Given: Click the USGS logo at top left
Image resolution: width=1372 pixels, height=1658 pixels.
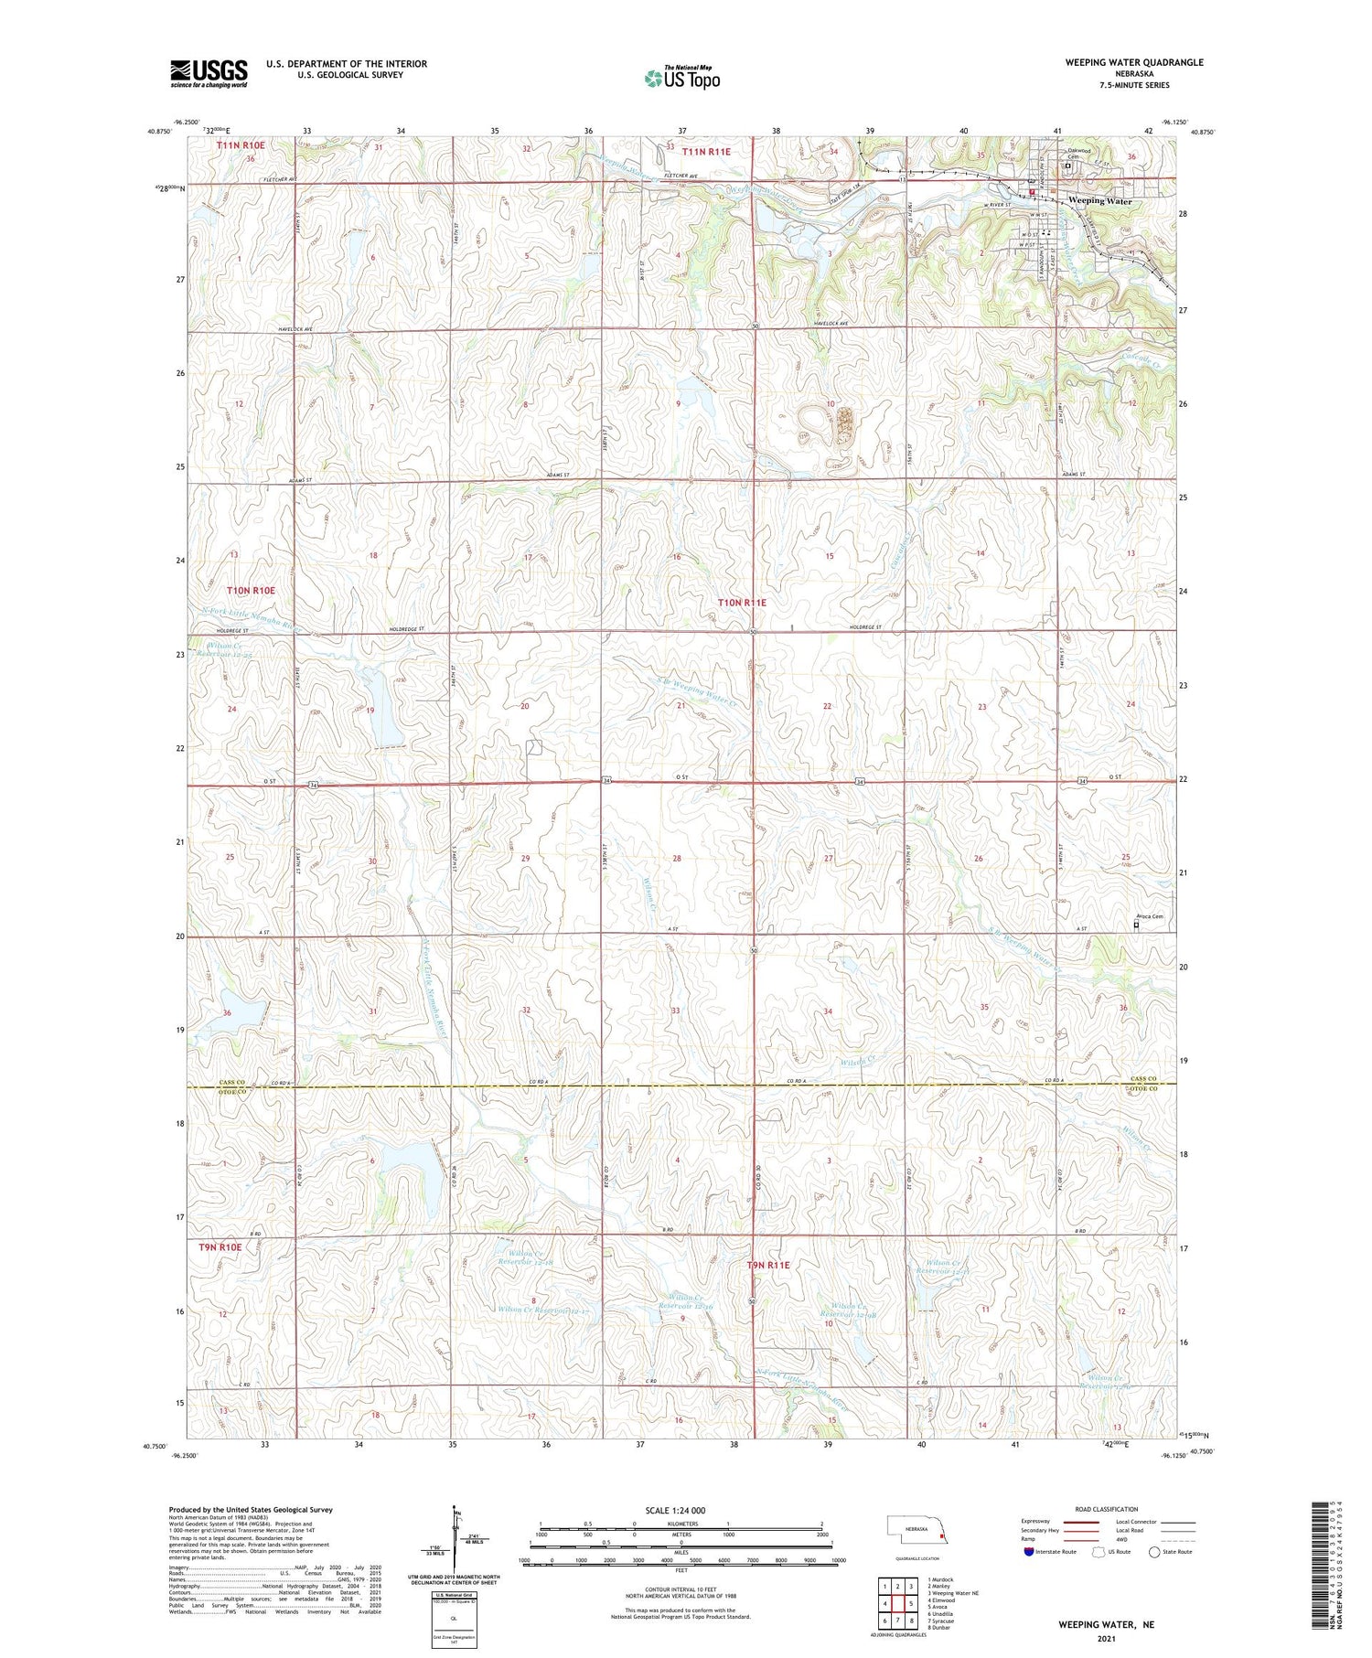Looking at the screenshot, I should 209,73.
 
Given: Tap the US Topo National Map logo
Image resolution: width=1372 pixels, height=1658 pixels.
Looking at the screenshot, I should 682,78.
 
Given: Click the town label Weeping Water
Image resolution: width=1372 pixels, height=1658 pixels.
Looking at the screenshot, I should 1100,200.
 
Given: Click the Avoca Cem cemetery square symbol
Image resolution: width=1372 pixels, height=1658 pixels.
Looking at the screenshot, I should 1137,925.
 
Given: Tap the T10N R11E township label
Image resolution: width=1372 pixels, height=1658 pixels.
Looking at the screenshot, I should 742,603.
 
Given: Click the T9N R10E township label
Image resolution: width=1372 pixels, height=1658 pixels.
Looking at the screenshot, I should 220,1246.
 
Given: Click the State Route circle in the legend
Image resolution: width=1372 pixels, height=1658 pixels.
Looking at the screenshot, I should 1154,1552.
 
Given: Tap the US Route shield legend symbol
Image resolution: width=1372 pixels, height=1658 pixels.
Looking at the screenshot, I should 1098,1552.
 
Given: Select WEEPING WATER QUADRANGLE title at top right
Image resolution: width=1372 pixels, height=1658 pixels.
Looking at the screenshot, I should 1133,62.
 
